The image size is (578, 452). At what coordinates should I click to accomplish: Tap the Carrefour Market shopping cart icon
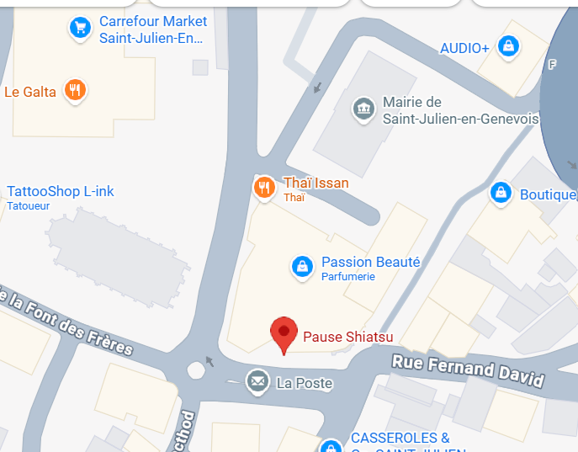pyautogui.click(x=80, y=29)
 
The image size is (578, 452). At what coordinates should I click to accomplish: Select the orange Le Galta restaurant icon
pyautogui.click(x=76, y=90)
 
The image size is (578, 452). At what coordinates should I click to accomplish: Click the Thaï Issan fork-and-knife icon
pyautogui.click(x=264, y=188)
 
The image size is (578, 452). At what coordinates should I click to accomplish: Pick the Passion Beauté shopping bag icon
pyautogui.click(x=301, y=267)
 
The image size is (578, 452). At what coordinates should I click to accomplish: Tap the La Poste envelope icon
pyautogui.click(x=257, y=383)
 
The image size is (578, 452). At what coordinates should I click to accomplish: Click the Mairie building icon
pyautogui.click(x=363, y=109)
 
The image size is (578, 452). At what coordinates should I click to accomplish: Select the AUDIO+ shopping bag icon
pyautogui.click(x=508, y=46)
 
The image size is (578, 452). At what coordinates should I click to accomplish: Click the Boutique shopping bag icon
pyautogui.click(x=501, y=193)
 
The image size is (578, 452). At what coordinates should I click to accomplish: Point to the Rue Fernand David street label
pyautogui.click(x=467, y=371)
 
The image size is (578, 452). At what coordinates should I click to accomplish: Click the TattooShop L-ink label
pyautogui.click(x=61, y=192)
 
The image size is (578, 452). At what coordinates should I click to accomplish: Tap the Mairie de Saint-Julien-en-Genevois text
pyautogui.click(x=460, y=110)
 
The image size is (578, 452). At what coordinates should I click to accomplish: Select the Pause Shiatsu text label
pyautogui.click(x=348, y=337)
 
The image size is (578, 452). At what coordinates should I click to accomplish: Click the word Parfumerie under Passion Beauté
pyautogui.click(x=348, y=277)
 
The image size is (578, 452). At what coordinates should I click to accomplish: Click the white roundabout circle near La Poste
pyautogui.click(x=197, y=368)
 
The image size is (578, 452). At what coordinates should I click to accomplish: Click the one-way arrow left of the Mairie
pyautogui.click(x=318, y=86)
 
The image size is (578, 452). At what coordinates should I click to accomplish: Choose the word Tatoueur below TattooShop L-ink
pyautogui.click(x=29, y=205)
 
